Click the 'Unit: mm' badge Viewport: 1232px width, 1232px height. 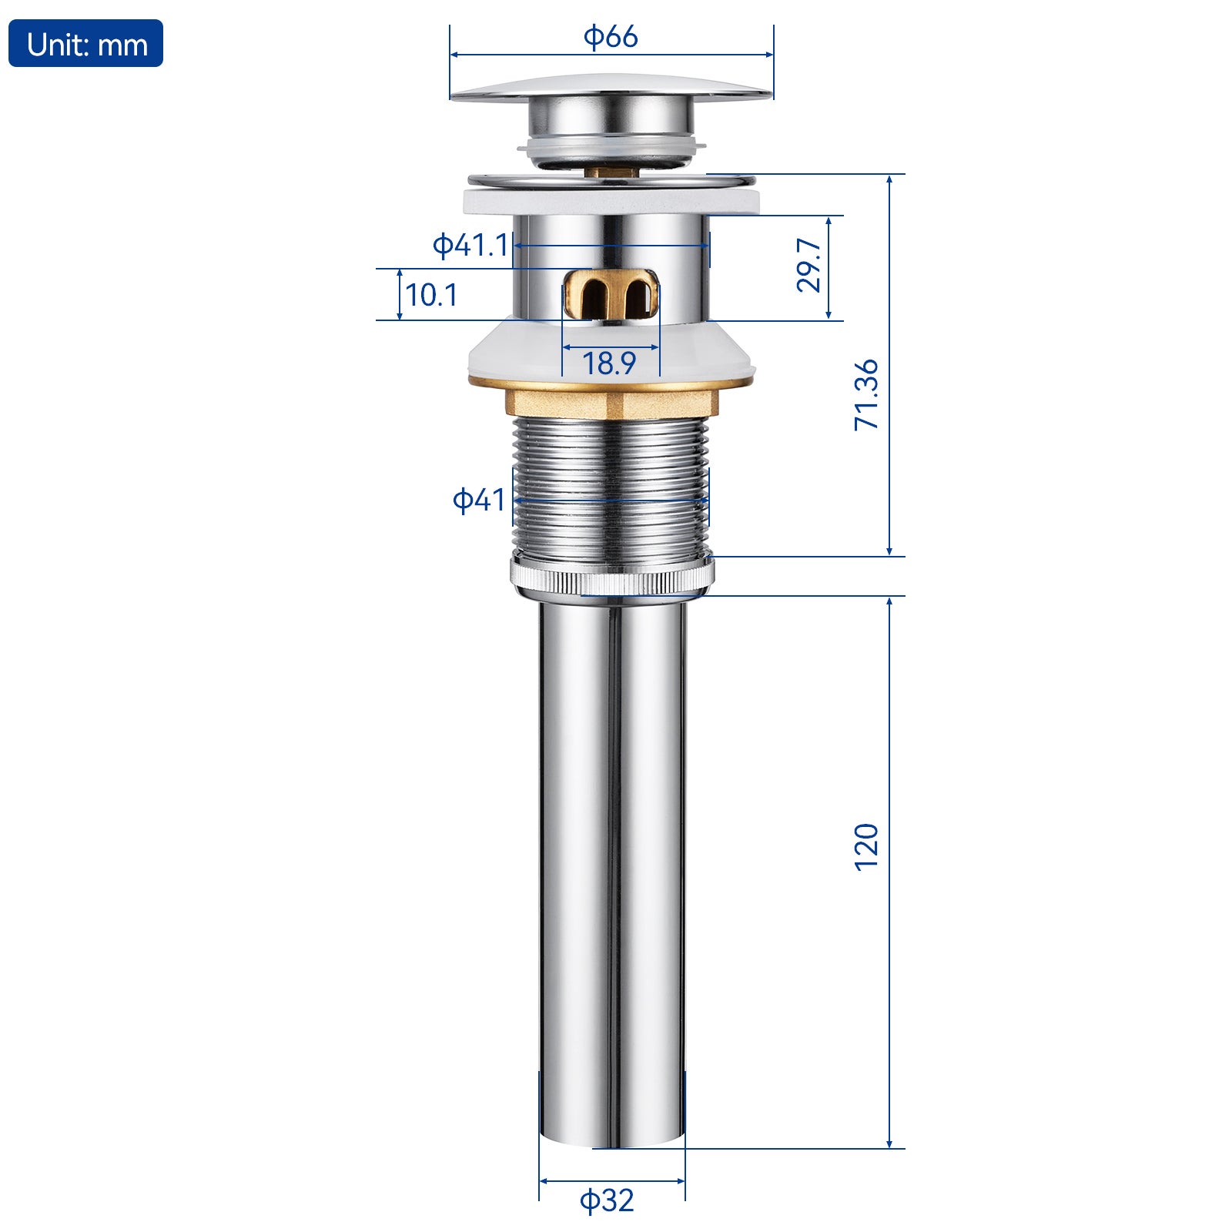[x=85, y=44]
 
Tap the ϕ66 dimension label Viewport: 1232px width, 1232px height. [x=611, y=36]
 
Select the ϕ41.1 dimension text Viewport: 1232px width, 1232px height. [x=470, y=245]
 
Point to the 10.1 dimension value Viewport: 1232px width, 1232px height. [x=431, y=295]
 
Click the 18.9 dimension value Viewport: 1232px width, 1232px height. [x=609, y=363]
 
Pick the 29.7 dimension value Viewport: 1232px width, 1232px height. [x=808, y=264]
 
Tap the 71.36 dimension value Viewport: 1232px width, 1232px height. [x=866, y=394]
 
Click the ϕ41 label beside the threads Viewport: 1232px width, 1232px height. [x=478, y=500]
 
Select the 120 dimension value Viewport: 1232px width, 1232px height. [x=866, y=847]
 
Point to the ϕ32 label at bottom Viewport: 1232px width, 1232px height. [x=607, y=1200]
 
